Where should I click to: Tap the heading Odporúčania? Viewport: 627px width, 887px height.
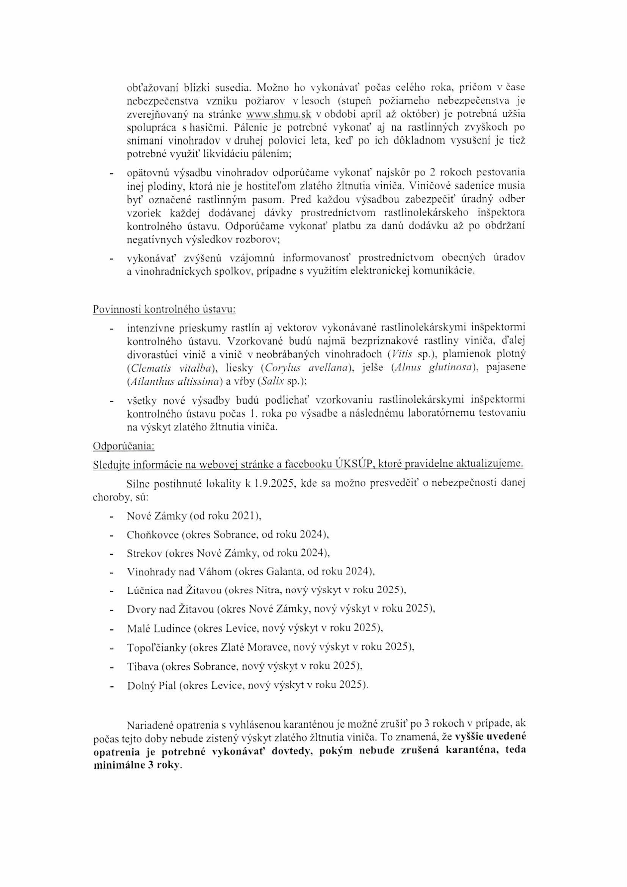[x=124, y=445]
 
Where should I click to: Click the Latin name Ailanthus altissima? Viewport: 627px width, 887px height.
[x=175, y=382]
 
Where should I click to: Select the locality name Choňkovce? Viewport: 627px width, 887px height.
[x=152, y=535]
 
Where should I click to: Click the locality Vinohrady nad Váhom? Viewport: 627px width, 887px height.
[x=179, y=571]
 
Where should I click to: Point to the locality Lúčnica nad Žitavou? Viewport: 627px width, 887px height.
[x=174, y=590]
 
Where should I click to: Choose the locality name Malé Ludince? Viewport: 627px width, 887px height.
[x=159, y=628]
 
